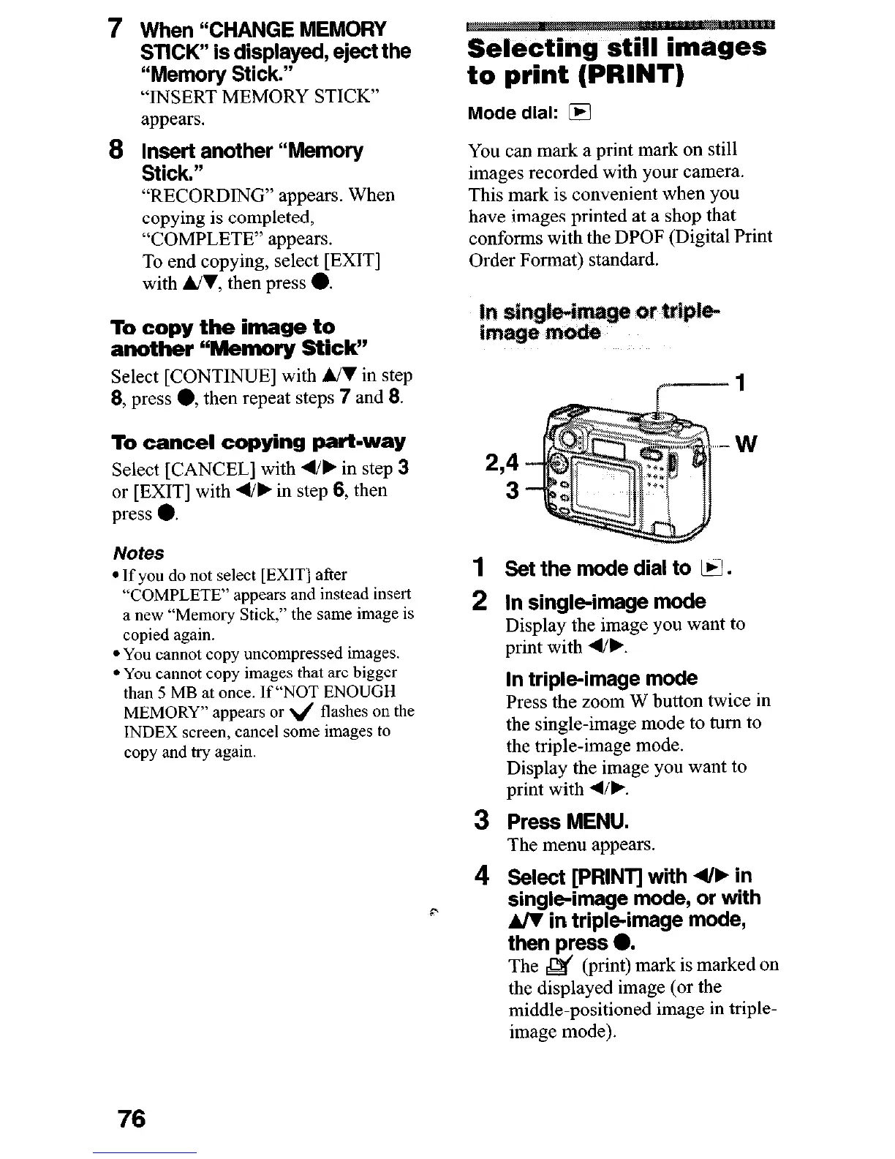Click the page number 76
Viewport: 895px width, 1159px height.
(x=129, y=1118)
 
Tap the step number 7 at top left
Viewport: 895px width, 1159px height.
(x=114, y=29)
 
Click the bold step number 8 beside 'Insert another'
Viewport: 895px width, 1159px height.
(x=114, y=150)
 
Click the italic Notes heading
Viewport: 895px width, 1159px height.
(x=138, y=553)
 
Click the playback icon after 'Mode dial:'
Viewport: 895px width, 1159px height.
(x=583, y=113)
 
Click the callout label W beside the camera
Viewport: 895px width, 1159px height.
(x=746, y=443)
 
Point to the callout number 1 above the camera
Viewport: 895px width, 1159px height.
(x=740, y=383)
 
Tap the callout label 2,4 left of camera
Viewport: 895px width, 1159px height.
(x=502, y=462)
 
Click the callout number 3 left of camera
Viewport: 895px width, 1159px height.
(x=513, y=490)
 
